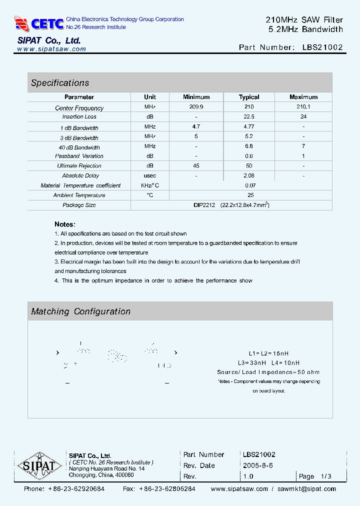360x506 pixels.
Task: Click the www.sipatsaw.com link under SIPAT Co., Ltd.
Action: click(51, 49)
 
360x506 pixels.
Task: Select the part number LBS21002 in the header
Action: click(322, 47)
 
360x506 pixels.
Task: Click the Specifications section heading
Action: click(60, 83)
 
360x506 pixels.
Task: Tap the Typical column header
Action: click(249, 97)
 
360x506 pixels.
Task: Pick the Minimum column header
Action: click(196, 97)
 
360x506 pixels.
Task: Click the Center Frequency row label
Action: click(79, 108)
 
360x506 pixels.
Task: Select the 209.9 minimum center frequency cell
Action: click(196, 107)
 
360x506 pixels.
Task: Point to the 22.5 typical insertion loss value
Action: click(249, 116)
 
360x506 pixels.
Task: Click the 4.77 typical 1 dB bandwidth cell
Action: click(249, 127)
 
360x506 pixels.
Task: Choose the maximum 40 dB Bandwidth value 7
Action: click(303, 146)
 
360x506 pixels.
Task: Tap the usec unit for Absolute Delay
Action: click(150, 175)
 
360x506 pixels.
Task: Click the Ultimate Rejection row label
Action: click(79, 165)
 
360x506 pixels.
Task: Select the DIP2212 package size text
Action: click(204, 205)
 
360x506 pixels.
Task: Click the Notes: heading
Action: click(65, 224)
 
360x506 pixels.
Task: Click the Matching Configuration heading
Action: click(80, 311)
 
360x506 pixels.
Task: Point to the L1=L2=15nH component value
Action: click(268, 353)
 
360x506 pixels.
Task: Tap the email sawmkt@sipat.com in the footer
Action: click(306, 489)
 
